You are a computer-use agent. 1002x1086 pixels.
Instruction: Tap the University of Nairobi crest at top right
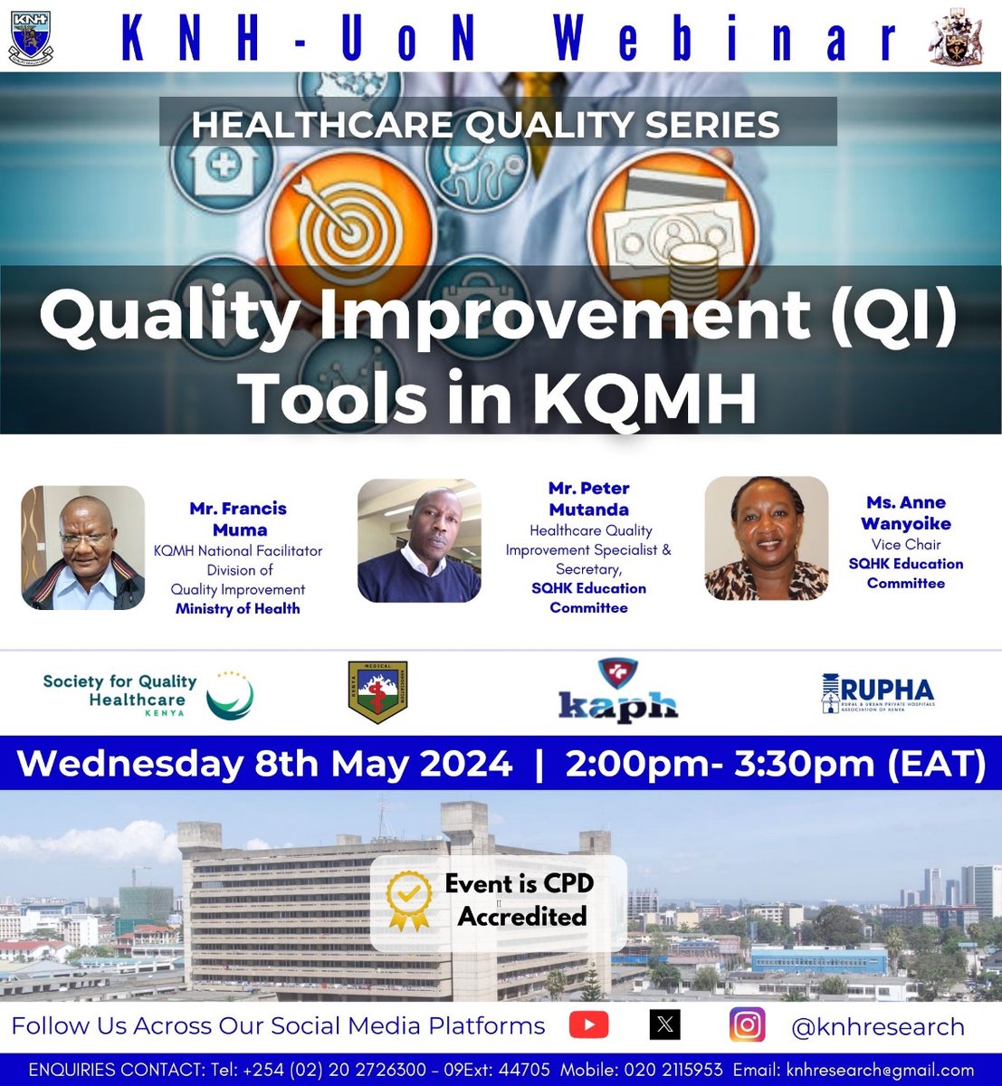[x=957, y=39]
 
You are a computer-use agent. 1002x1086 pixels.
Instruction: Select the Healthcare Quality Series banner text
[x=485, y=124]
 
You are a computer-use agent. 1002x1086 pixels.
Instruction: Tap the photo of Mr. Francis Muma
[x=83, y=548]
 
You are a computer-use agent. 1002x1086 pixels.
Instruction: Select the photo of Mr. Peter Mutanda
[x=419, y=541]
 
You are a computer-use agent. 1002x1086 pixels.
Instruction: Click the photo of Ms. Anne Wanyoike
[x=767, y=538]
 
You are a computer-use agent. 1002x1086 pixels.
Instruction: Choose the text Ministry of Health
[x=237, y=609]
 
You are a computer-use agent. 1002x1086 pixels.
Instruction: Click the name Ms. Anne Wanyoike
[x=905, y=513]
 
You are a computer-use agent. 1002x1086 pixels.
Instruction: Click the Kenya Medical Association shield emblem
[x=377, y=692]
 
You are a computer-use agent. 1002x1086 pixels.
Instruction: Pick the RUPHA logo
[x=877, y=693]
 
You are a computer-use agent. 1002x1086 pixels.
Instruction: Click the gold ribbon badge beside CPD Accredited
[x=409, y=901]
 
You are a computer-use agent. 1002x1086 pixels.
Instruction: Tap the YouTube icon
[x=588, y=1025]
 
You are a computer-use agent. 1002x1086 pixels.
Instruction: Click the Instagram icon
[x=747, y=1025]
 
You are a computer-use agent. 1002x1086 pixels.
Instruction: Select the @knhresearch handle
[x=877, y=1027]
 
